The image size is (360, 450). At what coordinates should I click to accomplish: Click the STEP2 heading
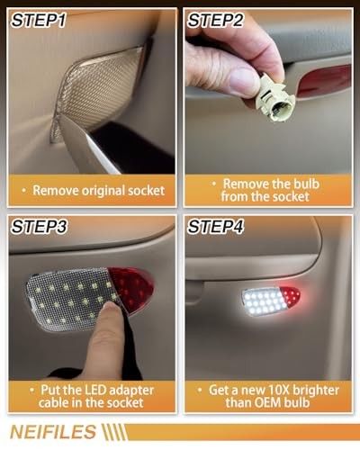(x=217, y=20)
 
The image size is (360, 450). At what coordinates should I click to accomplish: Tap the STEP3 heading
(x=40, y=226)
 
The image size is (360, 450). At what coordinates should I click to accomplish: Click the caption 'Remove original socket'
(x=93, y=190)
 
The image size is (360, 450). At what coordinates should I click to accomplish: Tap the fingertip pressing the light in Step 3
(x=107, y=319)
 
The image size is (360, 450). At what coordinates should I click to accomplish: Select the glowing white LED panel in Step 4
(x=265, y=299)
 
